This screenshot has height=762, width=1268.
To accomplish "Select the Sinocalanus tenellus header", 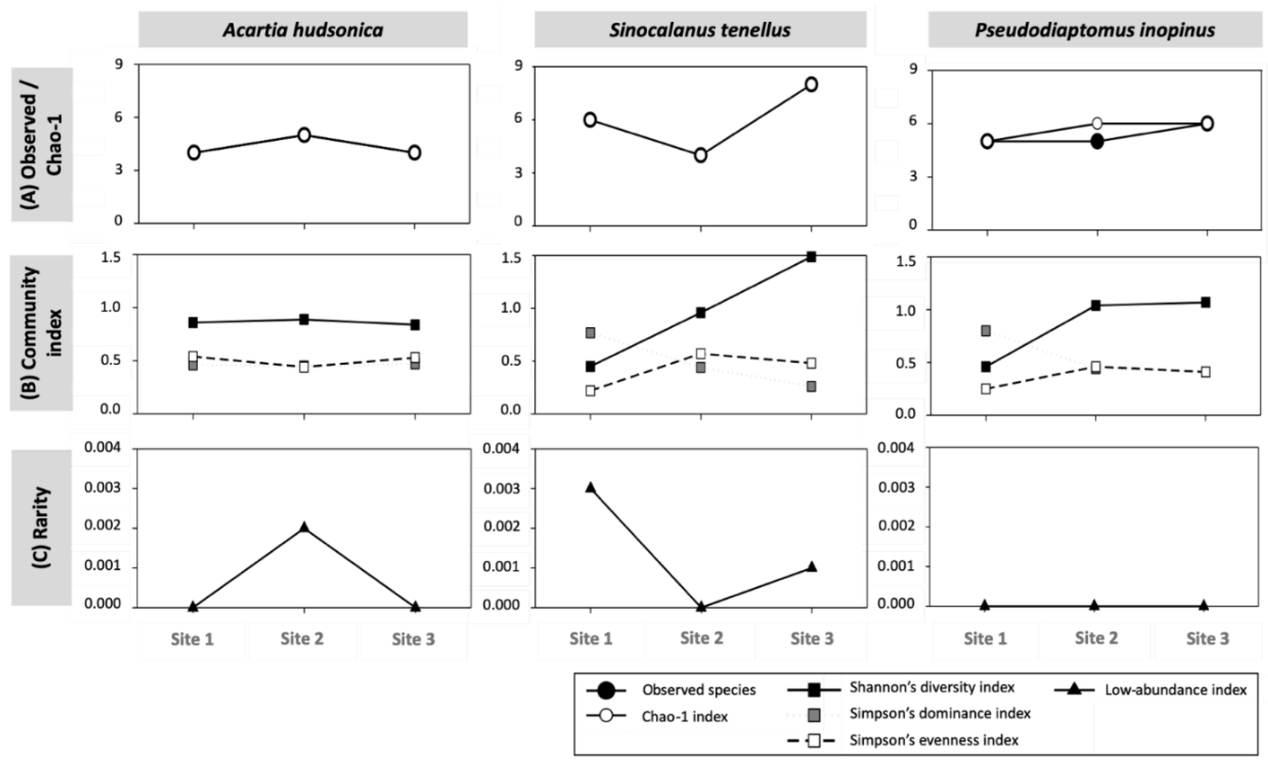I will click(700, 30).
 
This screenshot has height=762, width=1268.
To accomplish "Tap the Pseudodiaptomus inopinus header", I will click(1095, 30).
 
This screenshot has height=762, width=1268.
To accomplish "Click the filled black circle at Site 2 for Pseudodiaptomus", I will click(1097, 142).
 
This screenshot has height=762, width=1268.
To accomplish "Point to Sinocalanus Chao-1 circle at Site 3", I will click(811, 84).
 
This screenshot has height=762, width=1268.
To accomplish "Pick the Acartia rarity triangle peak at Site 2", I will click(304, 527).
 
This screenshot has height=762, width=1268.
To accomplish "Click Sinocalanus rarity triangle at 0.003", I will click(590, 488).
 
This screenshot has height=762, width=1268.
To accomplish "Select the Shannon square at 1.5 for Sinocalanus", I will click(811, 257).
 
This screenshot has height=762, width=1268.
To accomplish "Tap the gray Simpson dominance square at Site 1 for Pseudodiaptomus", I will click(985, 331).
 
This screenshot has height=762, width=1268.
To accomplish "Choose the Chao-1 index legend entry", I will click(684, 716).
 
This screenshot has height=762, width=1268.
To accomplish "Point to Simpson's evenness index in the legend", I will click(934, 740).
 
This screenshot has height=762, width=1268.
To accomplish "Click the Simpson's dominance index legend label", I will click(940, 714).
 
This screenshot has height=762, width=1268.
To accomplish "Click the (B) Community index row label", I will click(41, 333).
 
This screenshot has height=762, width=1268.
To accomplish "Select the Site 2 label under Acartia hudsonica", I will click(302, 639).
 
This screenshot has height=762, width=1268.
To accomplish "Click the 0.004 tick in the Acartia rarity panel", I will click(102, 448).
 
